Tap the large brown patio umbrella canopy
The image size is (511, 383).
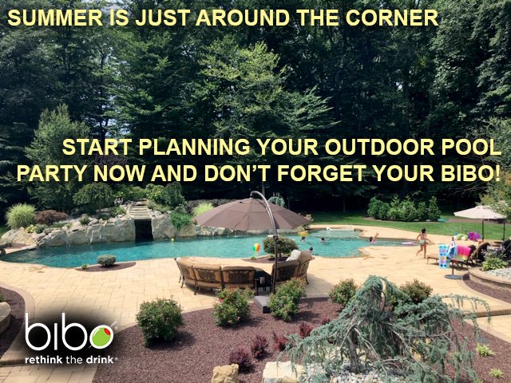tap(252, 215)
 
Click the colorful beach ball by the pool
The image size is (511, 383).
tap(256, 248)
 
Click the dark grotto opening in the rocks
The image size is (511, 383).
tap(143, 230)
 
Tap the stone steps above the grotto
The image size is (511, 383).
tap(141, 211)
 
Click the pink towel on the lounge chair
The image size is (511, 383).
tap(464, 251)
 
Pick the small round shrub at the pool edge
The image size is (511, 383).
tap(106, 260)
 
